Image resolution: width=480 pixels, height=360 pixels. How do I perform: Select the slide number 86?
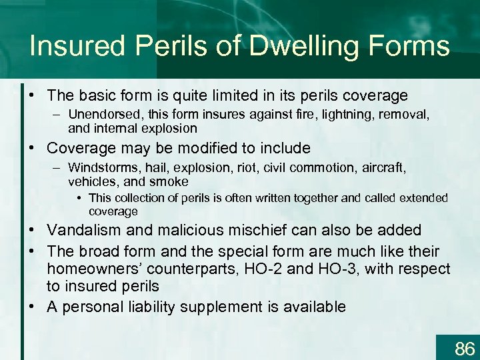click(464, 347)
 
